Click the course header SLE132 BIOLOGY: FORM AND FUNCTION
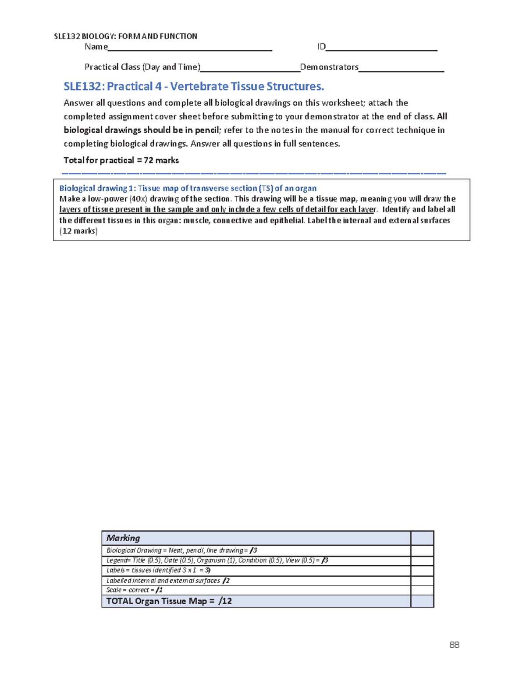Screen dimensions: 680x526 click(x=125, y=36)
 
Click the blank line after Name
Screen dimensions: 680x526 click(x=190, y=47)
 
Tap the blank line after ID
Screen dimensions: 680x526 click(x=381, y=47)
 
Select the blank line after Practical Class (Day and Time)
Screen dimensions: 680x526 click(x=250, y=68)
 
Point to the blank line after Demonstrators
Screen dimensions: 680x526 click(x=401, y=68)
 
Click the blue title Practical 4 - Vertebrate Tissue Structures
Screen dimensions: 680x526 click(x=194, y=86)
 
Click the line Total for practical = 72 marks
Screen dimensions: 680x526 click(x=121, y=160)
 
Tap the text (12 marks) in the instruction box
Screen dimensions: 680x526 click(x=78, y=231)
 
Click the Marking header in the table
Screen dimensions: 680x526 click(x=123, y=538)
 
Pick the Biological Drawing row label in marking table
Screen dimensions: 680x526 click(x=181, y=550)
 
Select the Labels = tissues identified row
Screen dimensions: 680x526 click(x=158, y=570)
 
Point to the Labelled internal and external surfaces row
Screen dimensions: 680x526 click(x=168, y=581)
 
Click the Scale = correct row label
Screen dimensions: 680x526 click(x=134, y=590)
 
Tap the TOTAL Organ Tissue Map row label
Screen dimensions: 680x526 click(x=169, y=601)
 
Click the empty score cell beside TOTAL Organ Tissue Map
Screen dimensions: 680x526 click(x=422, y=601)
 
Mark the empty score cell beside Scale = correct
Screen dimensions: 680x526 click(x=422, y=590)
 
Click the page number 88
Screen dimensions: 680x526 click(x=454, y=645)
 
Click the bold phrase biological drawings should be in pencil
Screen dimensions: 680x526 click(x=141, y=130)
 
